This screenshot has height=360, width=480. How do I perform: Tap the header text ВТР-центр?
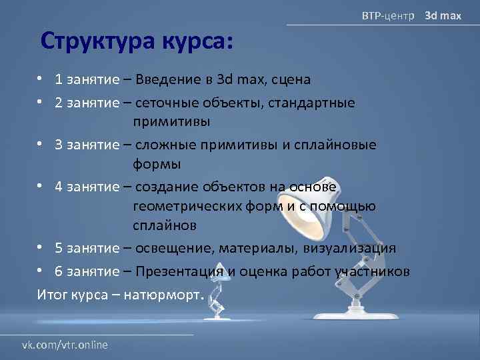(387, 15)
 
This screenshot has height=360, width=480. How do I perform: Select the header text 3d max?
(443, 15)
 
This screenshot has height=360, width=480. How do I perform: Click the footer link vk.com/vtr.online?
(65, 345)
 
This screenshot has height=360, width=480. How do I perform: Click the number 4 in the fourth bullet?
(59, 186)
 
